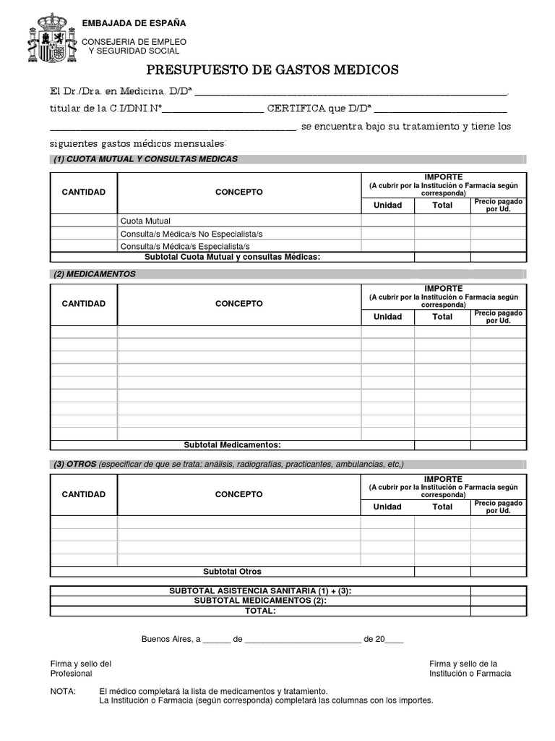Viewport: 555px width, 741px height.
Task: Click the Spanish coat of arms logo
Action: coord(51,38)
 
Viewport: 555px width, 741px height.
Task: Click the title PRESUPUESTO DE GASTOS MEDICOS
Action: coord(272,70)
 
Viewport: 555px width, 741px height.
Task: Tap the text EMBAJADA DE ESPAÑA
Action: coord(134,24)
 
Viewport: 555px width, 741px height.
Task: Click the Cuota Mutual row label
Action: coord(145,221)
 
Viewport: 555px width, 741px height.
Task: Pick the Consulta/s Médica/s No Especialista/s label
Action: coord(191,234)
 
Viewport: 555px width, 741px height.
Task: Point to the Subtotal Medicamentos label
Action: coord(232,444)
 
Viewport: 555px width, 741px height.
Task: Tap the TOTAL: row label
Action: coord(260,611)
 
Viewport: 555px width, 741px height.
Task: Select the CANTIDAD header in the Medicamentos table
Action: coord(84,304)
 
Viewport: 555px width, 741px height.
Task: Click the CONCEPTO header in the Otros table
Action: coord(239,494)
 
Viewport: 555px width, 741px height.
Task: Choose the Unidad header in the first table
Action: coord(387,205)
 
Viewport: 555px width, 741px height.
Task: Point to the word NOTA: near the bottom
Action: coord(63,691)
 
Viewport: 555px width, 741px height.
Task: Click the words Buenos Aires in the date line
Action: coord(167,640)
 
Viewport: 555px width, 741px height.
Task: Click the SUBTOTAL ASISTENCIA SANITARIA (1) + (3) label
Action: coord(260,591)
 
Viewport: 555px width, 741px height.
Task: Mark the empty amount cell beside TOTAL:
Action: coord(498,611)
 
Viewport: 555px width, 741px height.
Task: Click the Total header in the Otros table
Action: coord(442,507)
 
